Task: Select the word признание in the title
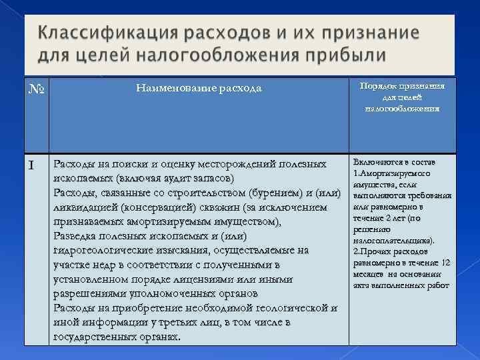tap(365, 33)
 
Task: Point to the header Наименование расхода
tap(199, 88)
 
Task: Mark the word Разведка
tap(76, 236)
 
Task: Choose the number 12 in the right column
tap(447, 263)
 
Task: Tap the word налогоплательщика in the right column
tap(391, 240)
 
